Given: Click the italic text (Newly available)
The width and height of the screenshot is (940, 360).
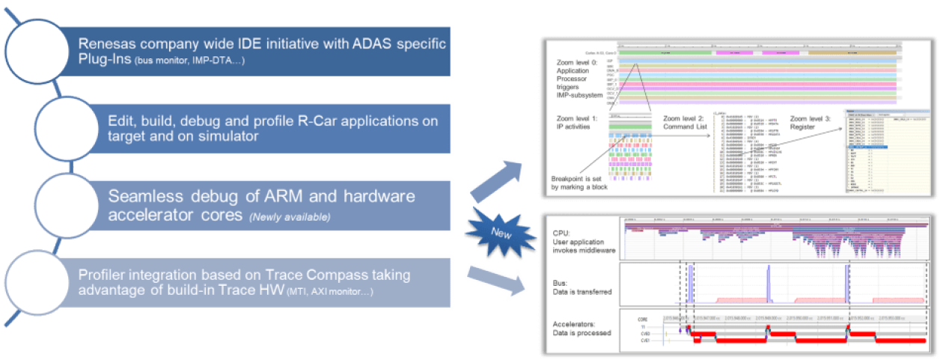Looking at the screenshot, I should pos(289,217).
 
